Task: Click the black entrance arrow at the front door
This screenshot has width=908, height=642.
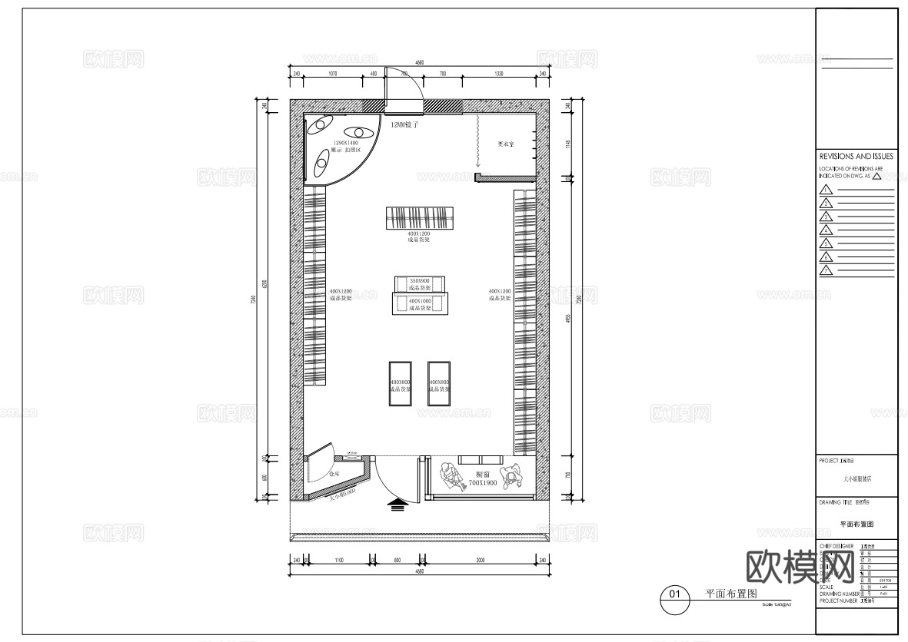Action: click(x=397, y=505)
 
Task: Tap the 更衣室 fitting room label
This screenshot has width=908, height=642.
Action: click(x=505, y=144)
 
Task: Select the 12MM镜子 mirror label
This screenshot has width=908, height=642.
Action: click(x=404, y=124)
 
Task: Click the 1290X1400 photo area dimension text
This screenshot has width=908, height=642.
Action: click(x=345, y=144)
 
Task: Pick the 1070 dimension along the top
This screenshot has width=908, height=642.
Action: click(x=333, y=74)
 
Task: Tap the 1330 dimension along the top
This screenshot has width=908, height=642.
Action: click(x=499, y=74)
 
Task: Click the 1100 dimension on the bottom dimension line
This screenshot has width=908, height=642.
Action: click(x=339, y=561)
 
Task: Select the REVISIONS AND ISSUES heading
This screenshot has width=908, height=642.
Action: click(x=856, y=155)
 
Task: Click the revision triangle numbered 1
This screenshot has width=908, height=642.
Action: click(x=827, y=190)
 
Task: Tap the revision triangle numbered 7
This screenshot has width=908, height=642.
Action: click(x=827, y=270)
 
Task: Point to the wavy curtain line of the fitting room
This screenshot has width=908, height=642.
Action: click(x=477, y=141)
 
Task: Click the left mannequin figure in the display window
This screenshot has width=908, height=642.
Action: click(x=450, y=477)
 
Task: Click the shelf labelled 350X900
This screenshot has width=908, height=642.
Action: click(x=420, y=283)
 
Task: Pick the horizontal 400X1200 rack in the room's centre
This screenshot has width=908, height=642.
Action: click(x=420, y=218)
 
